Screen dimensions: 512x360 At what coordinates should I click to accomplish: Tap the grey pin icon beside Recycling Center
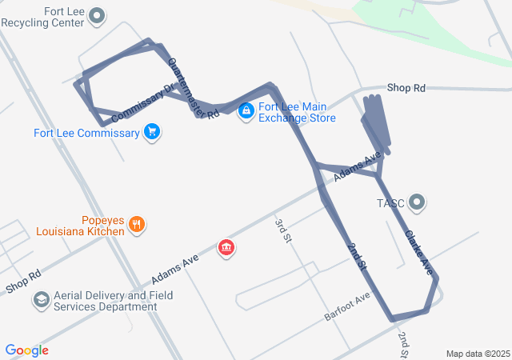[x=98, y=14]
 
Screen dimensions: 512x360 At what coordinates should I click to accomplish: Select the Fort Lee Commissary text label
[x=86, y=133]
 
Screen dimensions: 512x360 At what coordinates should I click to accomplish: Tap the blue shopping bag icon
[x=246, y=110]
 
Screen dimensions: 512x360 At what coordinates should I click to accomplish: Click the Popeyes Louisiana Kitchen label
[x=80, y=225]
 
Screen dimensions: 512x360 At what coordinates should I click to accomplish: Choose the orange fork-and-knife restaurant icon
[x=137, y=225]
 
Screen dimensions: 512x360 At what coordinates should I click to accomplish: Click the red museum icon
[x=227, y=247]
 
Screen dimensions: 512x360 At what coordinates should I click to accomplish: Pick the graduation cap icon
[x=40, y=300]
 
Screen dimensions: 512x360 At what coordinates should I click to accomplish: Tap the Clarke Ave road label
[x=418, y=253]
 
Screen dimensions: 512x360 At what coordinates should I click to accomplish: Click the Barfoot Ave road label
[x=347, y=307]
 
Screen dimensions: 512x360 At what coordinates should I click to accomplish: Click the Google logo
[x=27, y=350]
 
